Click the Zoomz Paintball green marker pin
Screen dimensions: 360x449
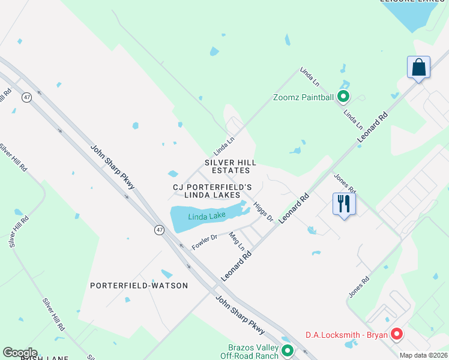click(x=343, y=96)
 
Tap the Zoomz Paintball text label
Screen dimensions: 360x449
click(x=303, y=97)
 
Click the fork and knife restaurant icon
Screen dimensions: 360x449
click(x=344, y=203)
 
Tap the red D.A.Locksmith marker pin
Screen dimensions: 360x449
click(x=396, y=334)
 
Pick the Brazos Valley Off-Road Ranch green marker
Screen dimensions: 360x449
click(x=288, y=350)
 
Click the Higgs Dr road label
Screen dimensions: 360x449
click(x=263, y=211)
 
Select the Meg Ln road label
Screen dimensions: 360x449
click(x=238, y=242)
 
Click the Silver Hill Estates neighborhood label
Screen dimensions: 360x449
click(x=231, y=167)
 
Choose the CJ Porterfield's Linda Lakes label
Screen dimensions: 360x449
click(x=212, y=191)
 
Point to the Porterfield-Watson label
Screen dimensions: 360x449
click(x=139, y=286)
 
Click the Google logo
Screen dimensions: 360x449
click(x=20, y=353)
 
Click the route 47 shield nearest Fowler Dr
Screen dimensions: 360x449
click(x=158, y=230)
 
